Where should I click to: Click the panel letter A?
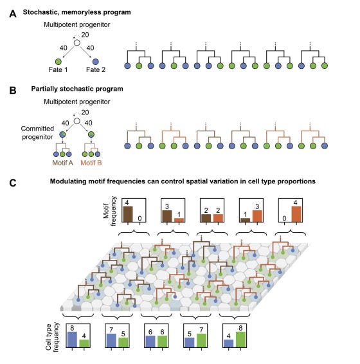[13, 14]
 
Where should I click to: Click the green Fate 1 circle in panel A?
[59, 62]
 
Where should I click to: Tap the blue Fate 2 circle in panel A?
[95, 62]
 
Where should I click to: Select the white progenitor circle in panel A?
[77, 42]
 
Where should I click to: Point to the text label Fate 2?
[96, 69]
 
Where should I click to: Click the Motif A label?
[62, 163]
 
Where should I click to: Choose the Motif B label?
[91, 163]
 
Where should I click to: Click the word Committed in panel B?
[37, 129]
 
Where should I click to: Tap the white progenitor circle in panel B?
[77, 121]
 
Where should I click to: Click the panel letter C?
[13, 183]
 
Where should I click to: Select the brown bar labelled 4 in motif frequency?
[128, 214]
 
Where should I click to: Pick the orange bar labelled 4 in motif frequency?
[296, 214]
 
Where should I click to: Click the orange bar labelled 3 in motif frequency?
[257, 216]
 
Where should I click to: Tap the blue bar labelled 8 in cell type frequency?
[72, 340]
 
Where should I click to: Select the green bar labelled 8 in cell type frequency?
[240, 340]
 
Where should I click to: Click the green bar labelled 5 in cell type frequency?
[123, 343]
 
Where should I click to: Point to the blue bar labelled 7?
[111, 341]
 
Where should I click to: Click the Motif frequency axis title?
[109, 211]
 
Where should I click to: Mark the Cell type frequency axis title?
[52, 337]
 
